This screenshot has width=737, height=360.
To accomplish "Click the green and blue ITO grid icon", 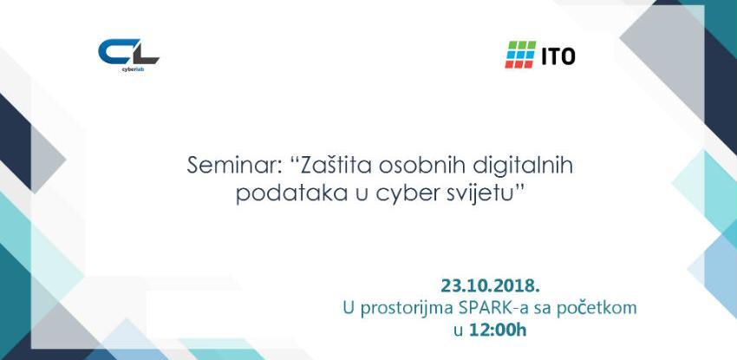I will tap(520, 55).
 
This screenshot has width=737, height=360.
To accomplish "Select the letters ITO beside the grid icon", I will tap(558, 56).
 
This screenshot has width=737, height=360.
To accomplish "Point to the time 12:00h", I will tap(498, 329).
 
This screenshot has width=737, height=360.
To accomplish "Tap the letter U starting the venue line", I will tap(349, 306).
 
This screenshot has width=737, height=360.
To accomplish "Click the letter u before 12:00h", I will tap(457, 330).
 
